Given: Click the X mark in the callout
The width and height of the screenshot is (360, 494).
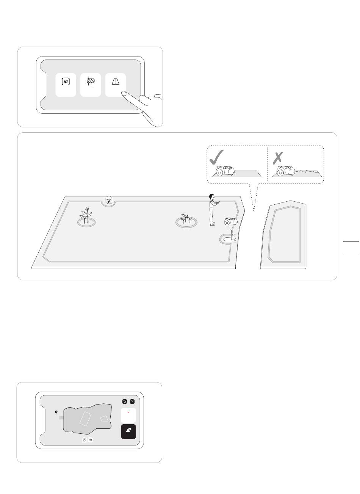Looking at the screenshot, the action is tap(278, 158).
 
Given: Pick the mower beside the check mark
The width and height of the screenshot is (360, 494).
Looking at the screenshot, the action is tap(225, 170).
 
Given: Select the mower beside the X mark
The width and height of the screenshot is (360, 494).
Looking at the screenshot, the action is tap(286, 171).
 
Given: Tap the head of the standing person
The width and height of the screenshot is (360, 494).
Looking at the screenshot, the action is tap(211, 197).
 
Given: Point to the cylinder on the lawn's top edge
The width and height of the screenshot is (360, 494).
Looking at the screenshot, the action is tap(109, 199).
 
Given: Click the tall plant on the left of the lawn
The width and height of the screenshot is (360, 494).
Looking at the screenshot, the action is tap(87, 215).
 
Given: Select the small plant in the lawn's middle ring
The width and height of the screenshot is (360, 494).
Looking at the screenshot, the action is tap(186, 219).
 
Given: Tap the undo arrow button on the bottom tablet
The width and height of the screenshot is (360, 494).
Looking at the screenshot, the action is tap(124, 401).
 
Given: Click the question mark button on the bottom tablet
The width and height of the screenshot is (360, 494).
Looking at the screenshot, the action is tap(132, 401).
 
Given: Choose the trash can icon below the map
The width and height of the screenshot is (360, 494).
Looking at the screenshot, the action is tap(91, 440).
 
